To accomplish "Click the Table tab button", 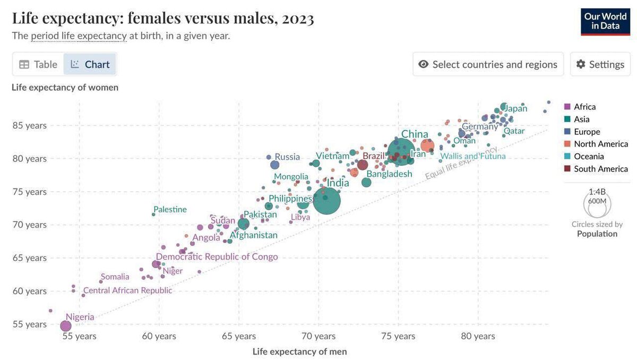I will coord(38,64).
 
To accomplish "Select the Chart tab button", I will coord(90,64).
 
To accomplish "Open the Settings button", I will coord(600,64).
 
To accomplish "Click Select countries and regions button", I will coord(488,64).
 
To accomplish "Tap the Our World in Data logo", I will coord(605,22).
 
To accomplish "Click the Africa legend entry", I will coord(584,107).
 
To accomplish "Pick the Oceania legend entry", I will coord(589,156).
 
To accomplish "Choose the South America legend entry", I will coord(600,169).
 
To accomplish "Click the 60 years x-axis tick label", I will coord(159,336).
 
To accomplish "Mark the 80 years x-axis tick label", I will coord(478,336).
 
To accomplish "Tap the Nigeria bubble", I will coord(66,325).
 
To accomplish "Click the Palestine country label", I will coord(170,209).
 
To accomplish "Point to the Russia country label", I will coord(287,157).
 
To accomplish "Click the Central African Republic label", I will coord(128,290).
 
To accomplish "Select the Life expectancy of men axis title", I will coord(299,351).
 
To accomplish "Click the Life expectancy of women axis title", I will coord(65,87).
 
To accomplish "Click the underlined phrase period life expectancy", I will coord(79,36).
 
